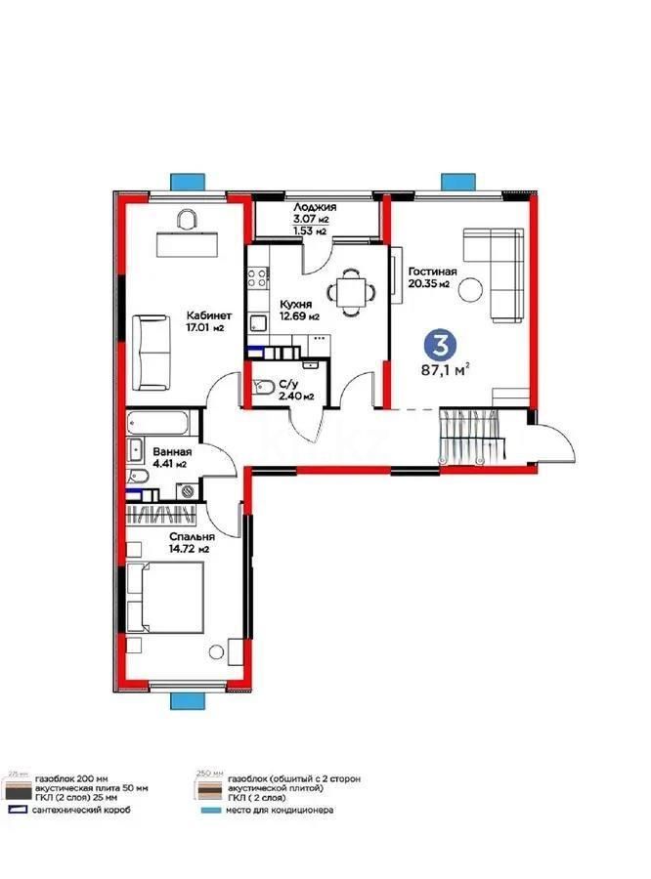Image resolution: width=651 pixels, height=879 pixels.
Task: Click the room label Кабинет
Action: click(x=209, y=314)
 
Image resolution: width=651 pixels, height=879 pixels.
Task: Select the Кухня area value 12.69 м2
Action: click(x=299, y=316)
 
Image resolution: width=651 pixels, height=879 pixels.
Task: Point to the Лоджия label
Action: click(x=314, y=208)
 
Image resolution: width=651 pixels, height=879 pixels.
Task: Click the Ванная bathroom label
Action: click(x=172, y=453)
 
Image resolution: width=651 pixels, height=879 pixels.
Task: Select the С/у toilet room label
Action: click(x=288, y=384)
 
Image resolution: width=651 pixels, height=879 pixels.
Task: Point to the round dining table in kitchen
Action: click(x=349, y=289)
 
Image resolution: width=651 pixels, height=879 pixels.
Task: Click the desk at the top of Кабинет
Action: click(x=185, y=239)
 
